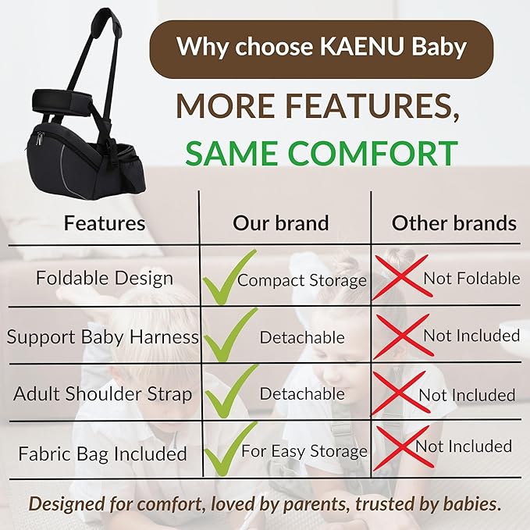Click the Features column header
pos(105,222)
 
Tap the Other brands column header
pos(454,222)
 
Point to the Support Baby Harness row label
pos(103,337)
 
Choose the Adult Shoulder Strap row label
pos(102,393)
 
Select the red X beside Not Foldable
pos(400,276)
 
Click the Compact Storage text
pos(302,279)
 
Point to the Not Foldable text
pos(471,277)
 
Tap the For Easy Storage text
pos(304,450)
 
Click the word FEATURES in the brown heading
pos(363,105)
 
